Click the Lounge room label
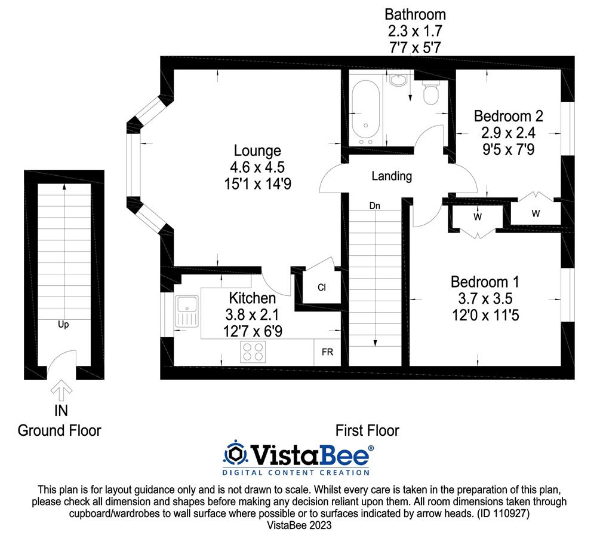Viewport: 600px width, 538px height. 257,151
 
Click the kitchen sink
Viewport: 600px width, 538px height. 187,311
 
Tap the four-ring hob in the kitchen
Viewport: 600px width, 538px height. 253,351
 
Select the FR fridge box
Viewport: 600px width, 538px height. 327,352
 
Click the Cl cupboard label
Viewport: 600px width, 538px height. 322,288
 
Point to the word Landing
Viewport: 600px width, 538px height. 392,176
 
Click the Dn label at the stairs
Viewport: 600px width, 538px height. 374,206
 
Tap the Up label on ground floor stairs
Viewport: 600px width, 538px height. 63,325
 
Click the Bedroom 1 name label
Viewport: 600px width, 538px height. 485,282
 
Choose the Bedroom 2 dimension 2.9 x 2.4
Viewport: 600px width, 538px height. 508,133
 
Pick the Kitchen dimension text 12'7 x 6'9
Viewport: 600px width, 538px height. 253,331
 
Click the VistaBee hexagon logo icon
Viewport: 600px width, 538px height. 236,455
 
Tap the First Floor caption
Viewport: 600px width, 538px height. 367,431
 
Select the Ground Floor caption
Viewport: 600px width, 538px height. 59,431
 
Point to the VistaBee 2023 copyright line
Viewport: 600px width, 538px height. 299,525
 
